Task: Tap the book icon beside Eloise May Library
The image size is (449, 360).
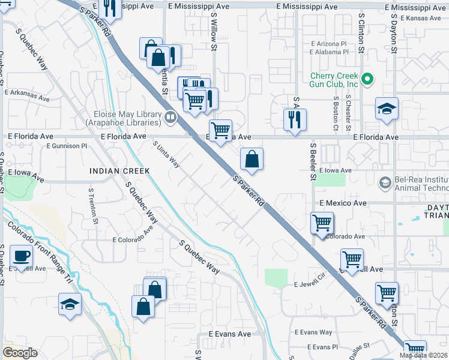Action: pyautogui.click(x=170, y=117)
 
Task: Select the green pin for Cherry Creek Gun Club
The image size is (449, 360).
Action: pyautogui.click(x=368, y=79)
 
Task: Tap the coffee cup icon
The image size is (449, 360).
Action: pyautogui.click(x=22, y=256)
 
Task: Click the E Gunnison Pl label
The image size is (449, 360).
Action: pyautogui.click(x=66, y=146)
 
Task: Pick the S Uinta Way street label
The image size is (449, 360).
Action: pyautogui.click(x=166, y=155)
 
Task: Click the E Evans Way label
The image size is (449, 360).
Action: pyautogui.click(x=313, y=332)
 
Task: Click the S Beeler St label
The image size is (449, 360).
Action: pyautogui.click(x=313, y=161)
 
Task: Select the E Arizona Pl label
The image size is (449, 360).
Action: pyautogui.click(x=328, y=44)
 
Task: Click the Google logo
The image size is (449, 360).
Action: pyautogui.click(x=20, y=352)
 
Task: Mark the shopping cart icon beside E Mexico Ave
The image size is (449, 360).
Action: pyautogui.click(x=322, y=223)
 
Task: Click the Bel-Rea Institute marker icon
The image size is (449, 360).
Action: pyautogui.click(x=385, y=181)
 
